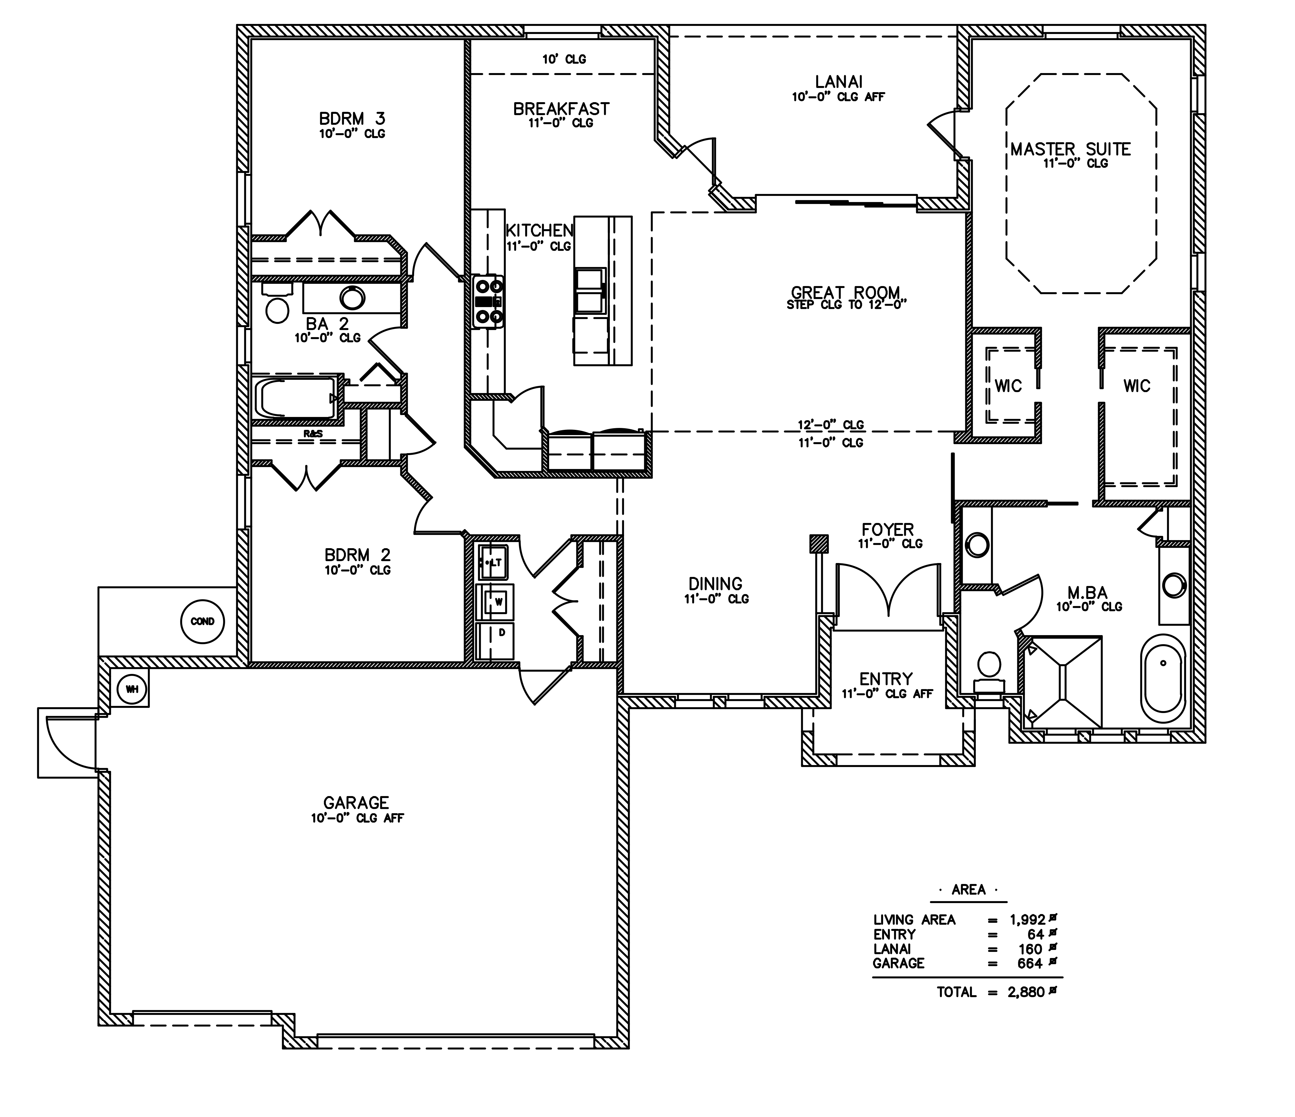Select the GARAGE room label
[356, 803]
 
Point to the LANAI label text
[839, 82]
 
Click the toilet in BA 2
[277, 302]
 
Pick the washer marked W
[495, 602]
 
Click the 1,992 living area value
[1028, 920]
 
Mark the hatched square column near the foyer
[820, 544]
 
